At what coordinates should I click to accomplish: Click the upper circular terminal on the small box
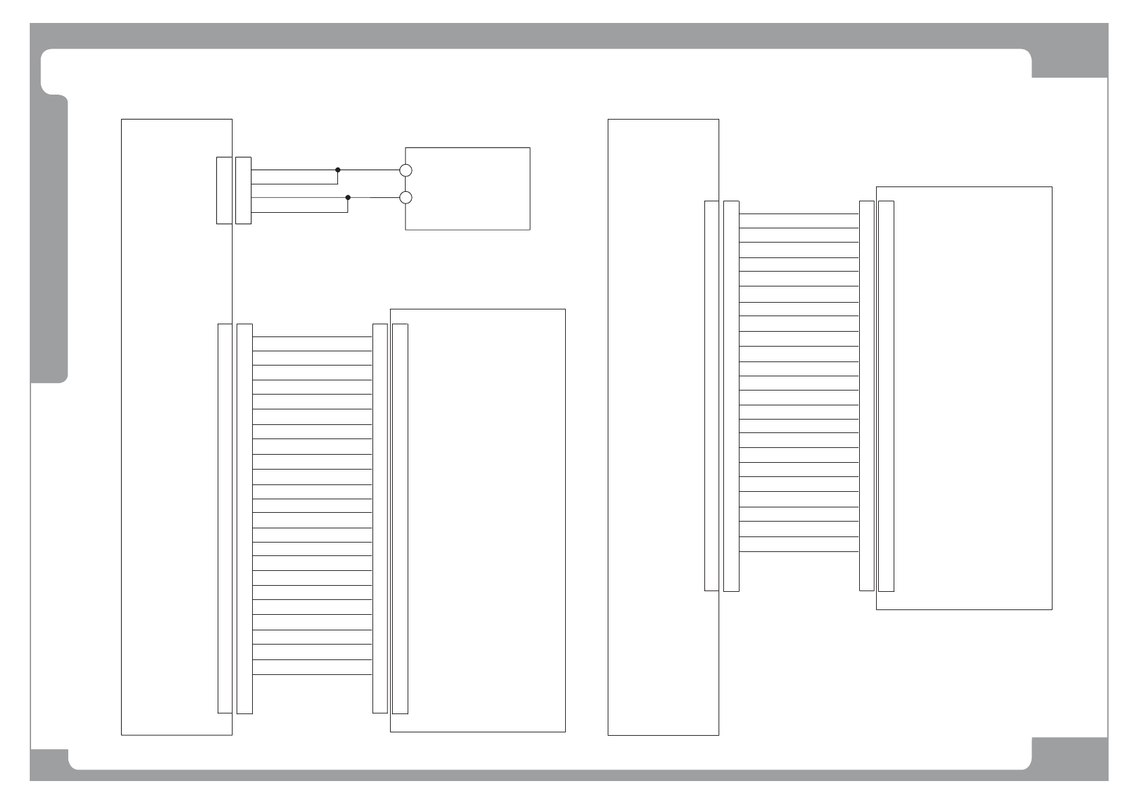(x=406, y=170)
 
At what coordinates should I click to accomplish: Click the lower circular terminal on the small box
(x=406, y=197)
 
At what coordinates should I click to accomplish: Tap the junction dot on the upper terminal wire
(x=338, y=170)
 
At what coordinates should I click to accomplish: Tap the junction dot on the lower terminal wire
(x=348, y=197)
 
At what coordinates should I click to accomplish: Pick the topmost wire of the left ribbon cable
(x=312, y=336)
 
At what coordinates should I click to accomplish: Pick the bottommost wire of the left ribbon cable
(x=312, y=674)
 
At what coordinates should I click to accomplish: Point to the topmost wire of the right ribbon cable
(x=799, y=213)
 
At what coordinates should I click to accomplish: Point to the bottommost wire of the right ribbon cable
(x=799, y=551)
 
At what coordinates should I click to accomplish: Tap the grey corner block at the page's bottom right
(x=1069, y=753)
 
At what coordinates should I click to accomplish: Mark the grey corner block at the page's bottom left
(x=49, y=759)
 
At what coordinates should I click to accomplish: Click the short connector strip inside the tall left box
(x=224, y=190)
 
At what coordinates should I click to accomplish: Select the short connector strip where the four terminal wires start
(x=243, y=190)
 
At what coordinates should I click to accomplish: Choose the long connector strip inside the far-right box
(x=886, y=396)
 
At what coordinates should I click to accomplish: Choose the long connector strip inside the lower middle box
(x=400, y=518)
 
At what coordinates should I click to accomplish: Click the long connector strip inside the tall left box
(x=224, y=518)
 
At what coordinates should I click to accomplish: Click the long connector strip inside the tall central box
(x=711, y=395)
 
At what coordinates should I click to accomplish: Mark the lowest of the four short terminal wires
(x=299, y=212)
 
